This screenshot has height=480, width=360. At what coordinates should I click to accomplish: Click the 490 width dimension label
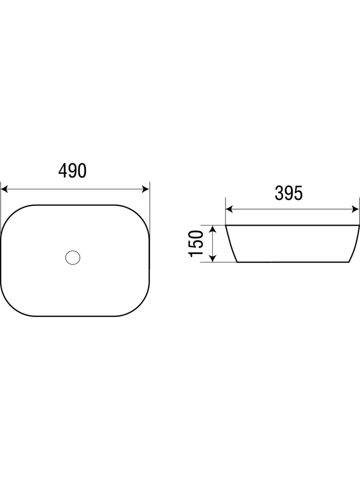click(x=73, y=171)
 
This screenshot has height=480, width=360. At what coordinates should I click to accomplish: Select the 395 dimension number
click(x=289, y=193)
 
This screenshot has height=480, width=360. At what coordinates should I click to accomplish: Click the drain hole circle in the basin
click(x=73, y=258)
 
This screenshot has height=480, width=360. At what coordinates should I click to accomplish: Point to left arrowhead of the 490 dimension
click(x=4, y=189)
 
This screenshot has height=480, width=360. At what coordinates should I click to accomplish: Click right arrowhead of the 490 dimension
click(x=146, y=189)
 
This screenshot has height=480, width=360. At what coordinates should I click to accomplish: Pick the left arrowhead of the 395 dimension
click(x=229, y=210)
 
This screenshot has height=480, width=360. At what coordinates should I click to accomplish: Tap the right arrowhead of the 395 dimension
click(x=355, y=210)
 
